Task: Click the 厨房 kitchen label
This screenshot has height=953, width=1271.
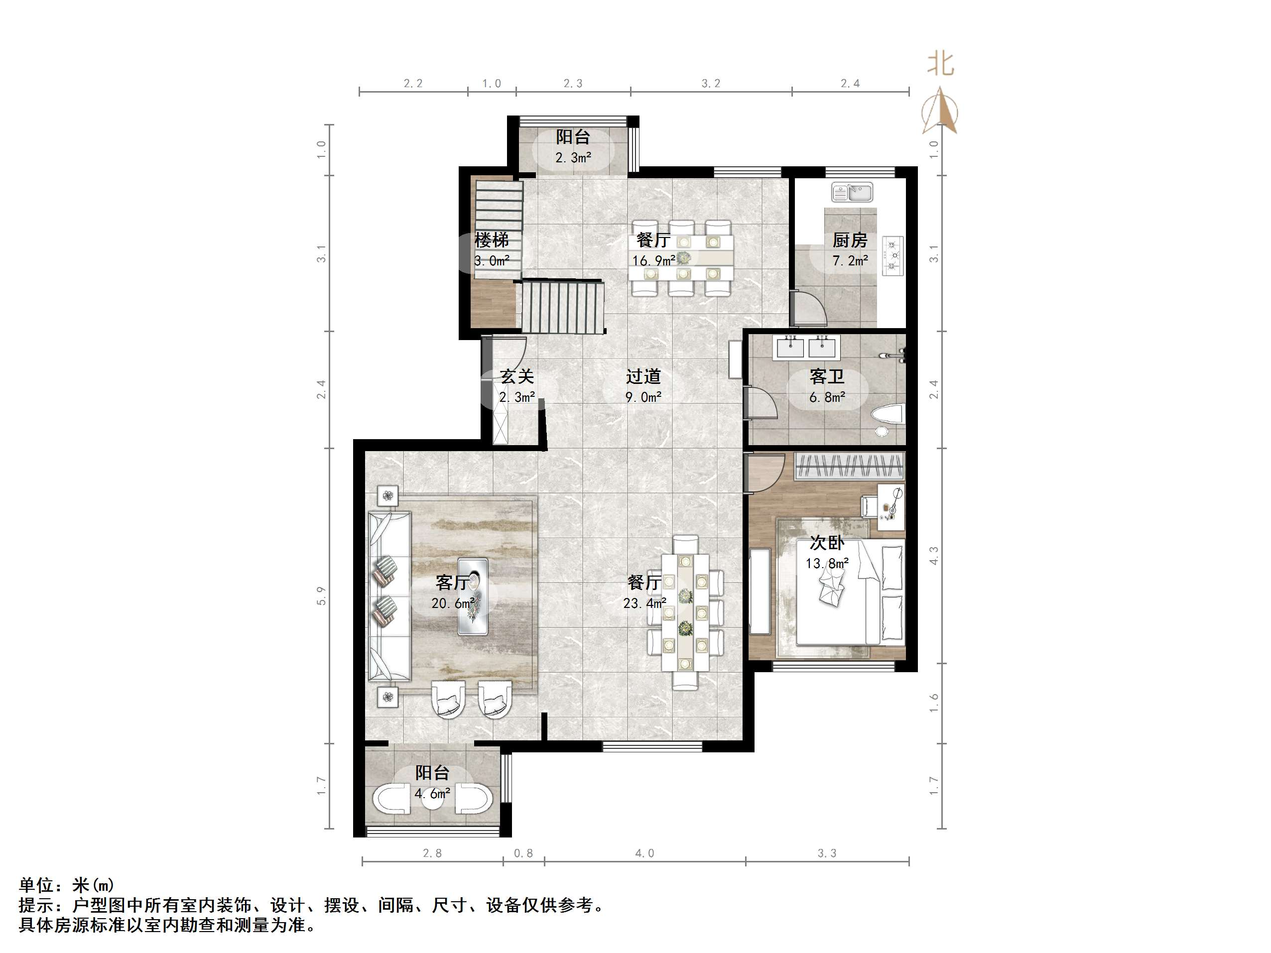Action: (x=850, y=239)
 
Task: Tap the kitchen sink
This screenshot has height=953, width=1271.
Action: (x=852, y=192)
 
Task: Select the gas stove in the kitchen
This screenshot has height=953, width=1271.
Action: (x=892, y=255)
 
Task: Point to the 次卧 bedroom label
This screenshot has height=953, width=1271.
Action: (x=827, y=542)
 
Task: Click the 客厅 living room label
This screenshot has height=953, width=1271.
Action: (x=453, y=583)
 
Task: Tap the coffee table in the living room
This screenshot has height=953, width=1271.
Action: (x=473, y=596)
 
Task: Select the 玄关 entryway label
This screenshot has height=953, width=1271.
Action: (x=516, y=376)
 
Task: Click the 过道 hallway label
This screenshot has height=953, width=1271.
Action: (x=643, y=376)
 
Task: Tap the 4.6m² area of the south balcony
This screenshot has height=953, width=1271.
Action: (x=432, y=794)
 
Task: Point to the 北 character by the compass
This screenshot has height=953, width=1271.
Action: (x=940, y=64)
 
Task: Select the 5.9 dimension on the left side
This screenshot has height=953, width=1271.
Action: (x=321, y=596)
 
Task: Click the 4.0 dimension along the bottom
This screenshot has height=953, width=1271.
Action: (x=644, y=853)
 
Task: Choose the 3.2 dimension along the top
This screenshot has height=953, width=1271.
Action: (x=711, y=84)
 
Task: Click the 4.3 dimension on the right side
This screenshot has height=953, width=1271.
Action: (x=934, y=555)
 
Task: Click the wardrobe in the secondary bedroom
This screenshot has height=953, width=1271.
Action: (x=849, y=467)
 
